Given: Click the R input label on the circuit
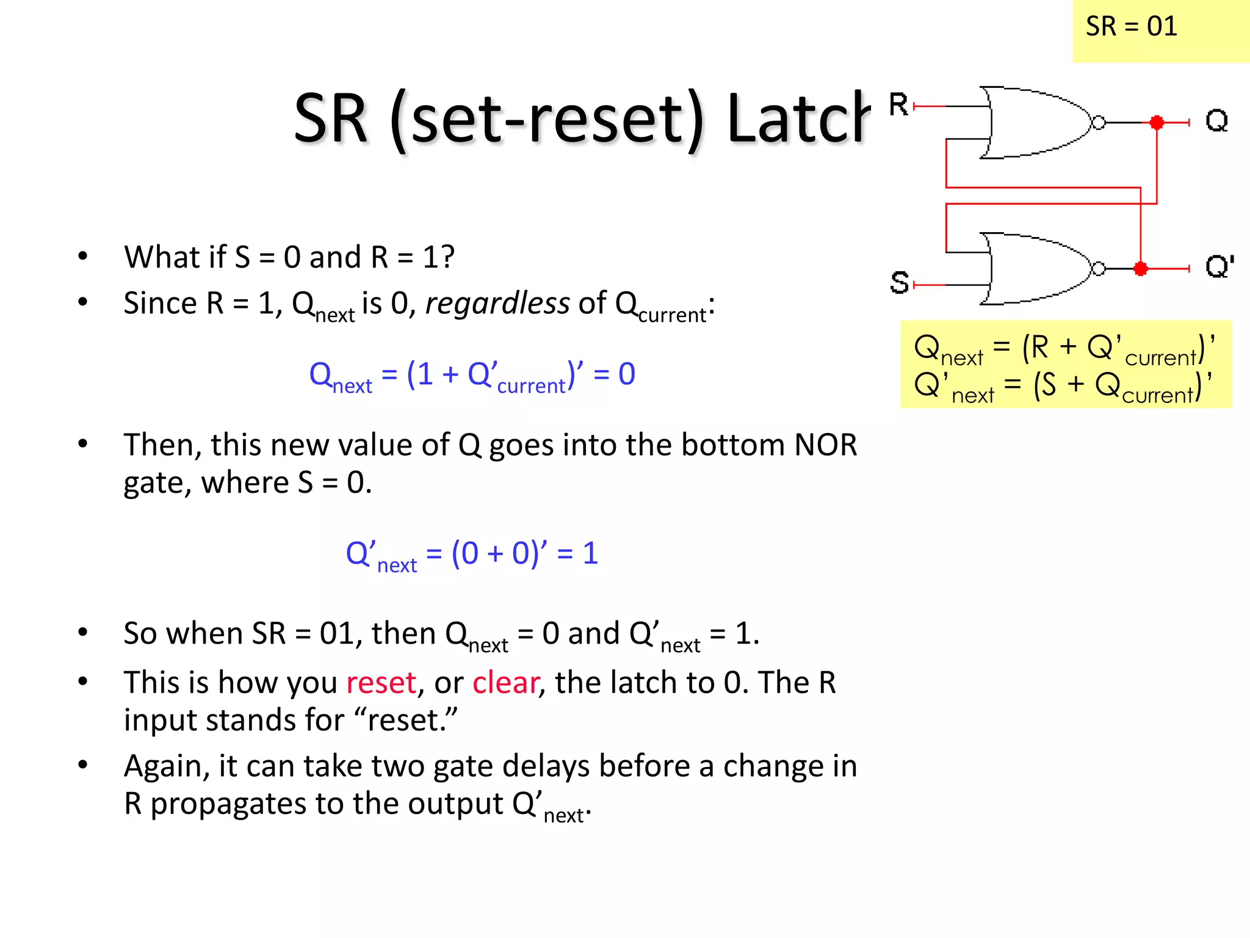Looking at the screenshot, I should click(898, 104).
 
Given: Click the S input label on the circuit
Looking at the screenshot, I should click(899, 283).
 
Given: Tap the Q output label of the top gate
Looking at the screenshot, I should click(1216, 120).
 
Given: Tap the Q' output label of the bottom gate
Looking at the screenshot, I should click(1219, 267).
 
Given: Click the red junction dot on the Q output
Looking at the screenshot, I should click(1156, 123).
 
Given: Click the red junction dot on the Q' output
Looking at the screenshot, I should click(1140, 269).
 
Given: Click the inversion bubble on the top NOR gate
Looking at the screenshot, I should click(1098, 123).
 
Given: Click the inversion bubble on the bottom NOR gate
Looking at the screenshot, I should click(1098, 269).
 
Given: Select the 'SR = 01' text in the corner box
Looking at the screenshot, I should click(1131, 27).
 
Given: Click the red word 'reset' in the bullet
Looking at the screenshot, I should click(381, 683).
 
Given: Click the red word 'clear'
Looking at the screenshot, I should click(505, 683).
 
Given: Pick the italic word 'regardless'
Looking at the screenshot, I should click(497, 304).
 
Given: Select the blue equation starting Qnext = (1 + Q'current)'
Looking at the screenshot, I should click(472, 375).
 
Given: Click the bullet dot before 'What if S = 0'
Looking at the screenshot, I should click(83, 256).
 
